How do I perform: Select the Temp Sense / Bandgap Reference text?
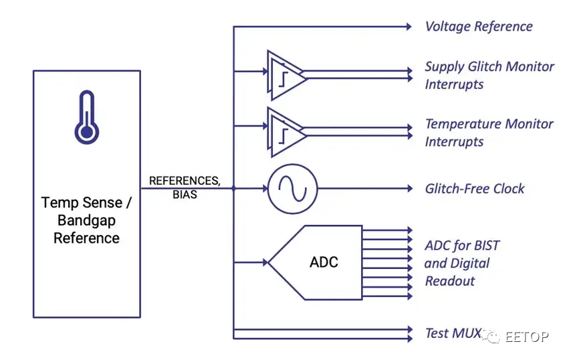[x=87, y=219]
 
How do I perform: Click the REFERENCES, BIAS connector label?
[x=185, y=187]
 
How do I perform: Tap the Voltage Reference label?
[x=479, y=27]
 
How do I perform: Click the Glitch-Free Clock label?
[x=475, y=189]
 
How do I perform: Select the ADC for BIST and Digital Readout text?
[x=461, y=263]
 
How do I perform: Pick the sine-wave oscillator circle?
[x=293, y=189]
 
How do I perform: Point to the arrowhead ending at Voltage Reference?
[x=408, y=27]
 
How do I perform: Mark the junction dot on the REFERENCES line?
[x=233, y=189]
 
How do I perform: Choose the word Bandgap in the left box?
[x=87, y=220]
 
